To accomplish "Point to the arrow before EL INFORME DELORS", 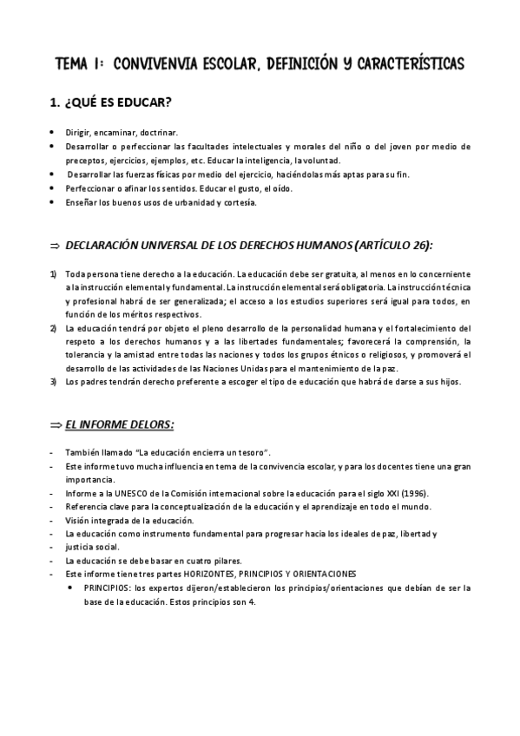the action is pos(55,424).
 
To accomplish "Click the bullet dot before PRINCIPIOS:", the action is pos(71,588).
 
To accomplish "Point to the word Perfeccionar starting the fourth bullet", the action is pos(90,188).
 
